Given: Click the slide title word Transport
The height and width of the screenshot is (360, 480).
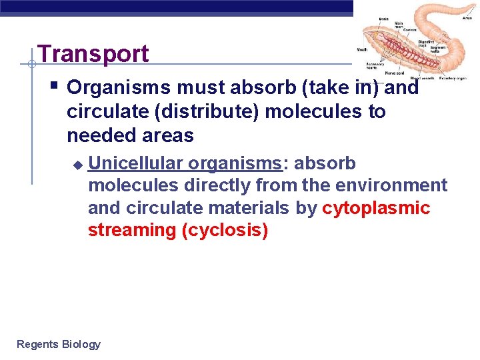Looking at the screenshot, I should coord(93,54).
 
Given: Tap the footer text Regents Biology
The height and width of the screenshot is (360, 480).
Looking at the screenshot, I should coord(59,344).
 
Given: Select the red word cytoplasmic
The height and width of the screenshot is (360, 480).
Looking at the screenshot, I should coord(376,208).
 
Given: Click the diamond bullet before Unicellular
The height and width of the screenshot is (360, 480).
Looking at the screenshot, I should coord(77,164).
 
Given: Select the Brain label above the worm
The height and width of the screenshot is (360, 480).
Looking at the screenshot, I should coord(383,19).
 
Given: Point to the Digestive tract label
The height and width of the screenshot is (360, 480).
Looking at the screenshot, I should coord(425,43).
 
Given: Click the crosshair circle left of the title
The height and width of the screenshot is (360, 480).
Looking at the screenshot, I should coord(31,65).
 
